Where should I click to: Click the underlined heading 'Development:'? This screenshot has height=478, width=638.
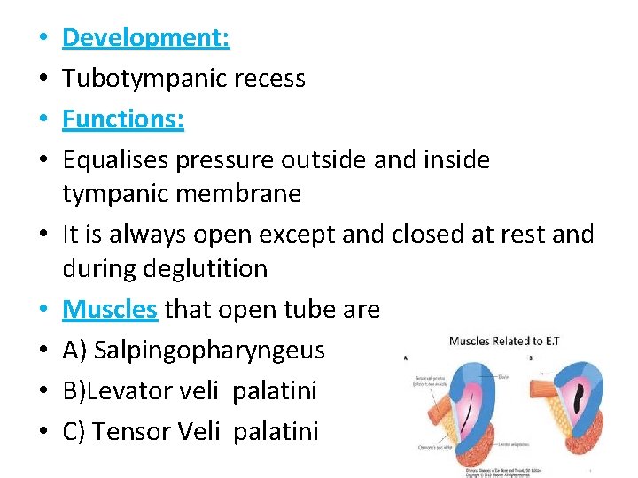(x=146, y=38)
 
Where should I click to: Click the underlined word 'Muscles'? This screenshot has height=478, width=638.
(x=110, y=309)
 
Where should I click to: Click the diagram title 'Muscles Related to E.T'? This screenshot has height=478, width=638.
(x=506, y=341)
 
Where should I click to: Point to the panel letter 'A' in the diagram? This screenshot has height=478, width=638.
(x=405, y=358)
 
